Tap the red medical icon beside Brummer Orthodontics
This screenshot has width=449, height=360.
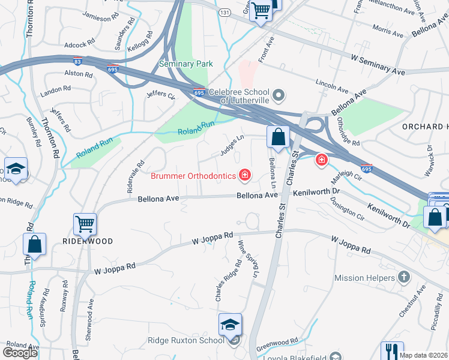[244, 175]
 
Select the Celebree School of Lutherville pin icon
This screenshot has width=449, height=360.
[278, 95]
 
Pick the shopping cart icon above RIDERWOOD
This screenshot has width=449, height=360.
[85, 224]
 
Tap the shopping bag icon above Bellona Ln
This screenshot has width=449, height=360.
[279, 137]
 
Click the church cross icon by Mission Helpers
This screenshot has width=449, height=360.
[405, 277]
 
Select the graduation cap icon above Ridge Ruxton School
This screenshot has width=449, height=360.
[230, 324]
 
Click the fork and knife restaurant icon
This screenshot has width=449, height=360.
[392, 352]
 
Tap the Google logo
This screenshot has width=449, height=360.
[20, 353]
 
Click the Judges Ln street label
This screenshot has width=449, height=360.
[232, 145]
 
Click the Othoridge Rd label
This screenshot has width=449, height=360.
[348, 131]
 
